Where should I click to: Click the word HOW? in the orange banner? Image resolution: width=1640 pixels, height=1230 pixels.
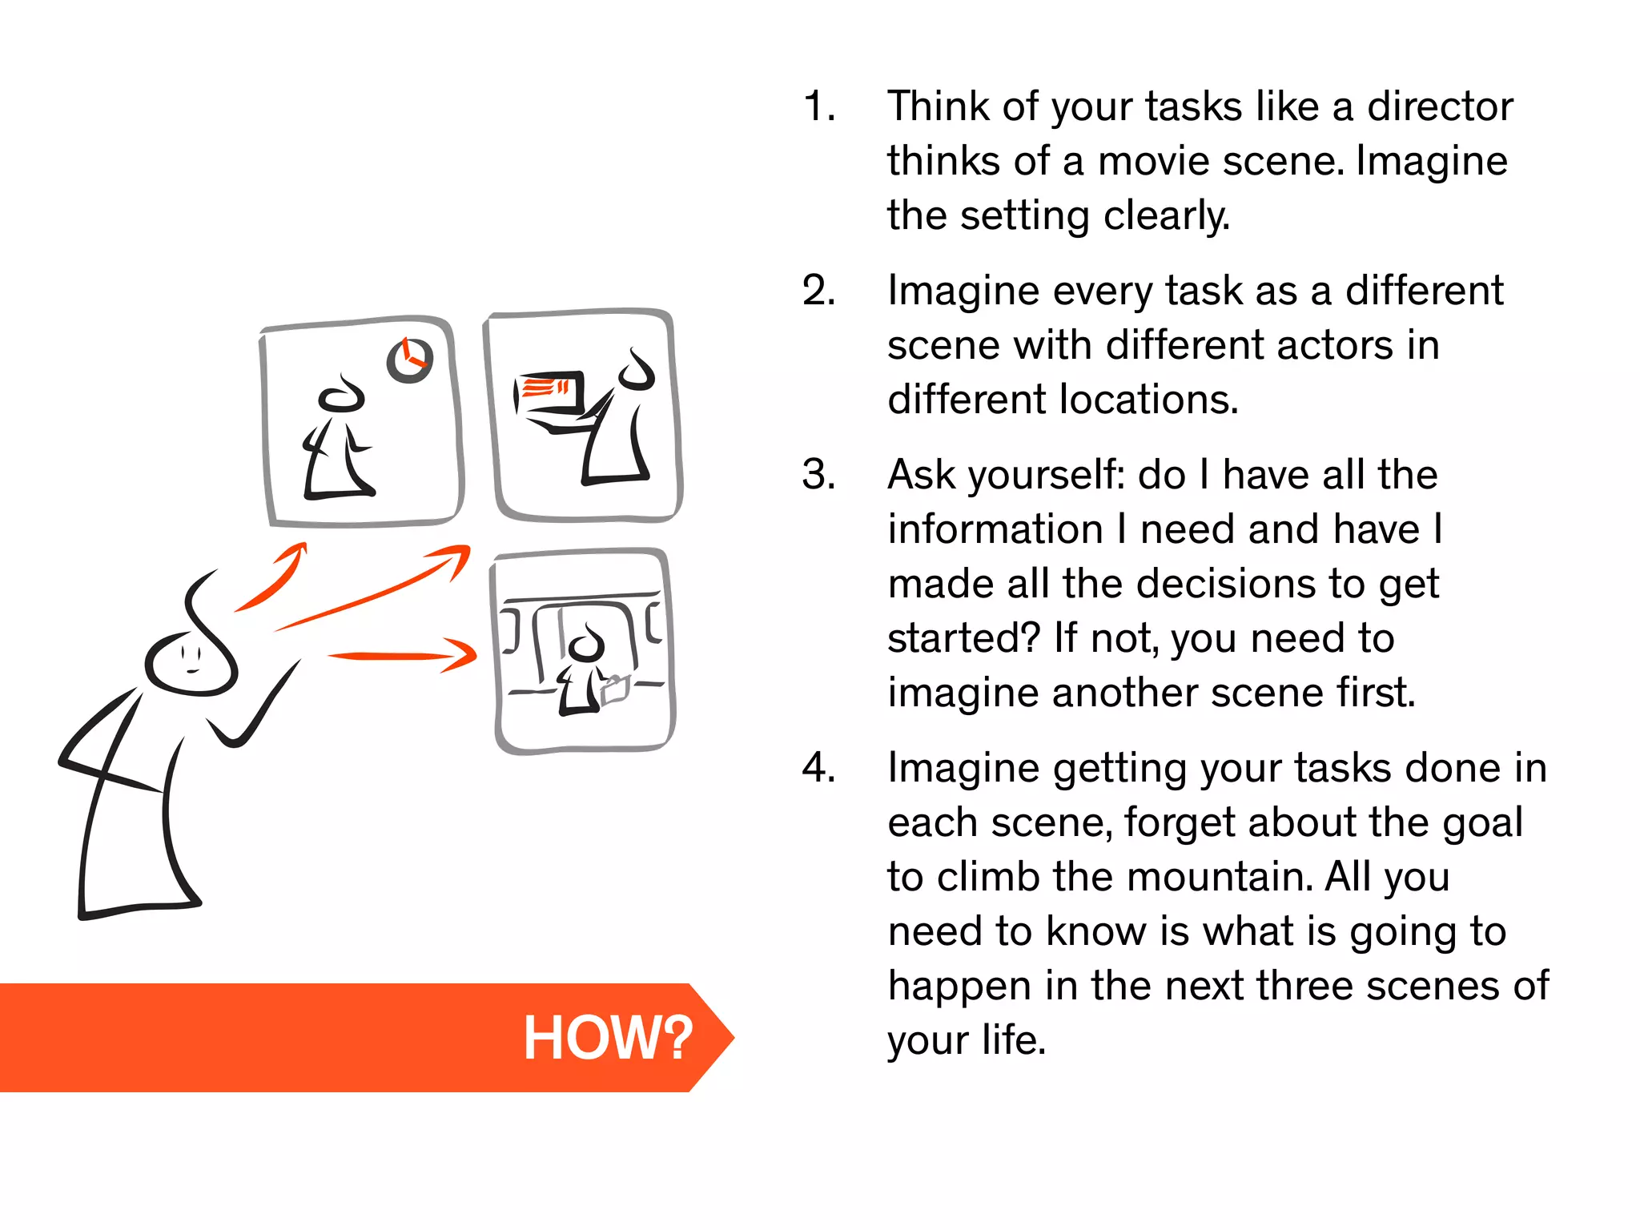click(x=607, y=1038)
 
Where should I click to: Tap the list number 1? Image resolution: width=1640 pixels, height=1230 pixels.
click(x=818, y=107)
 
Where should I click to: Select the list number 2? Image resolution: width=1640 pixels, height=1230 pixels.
click(x=818, y=291)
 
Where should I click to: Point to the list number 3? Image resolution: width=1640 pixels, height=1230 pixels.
click(x=818, y=475)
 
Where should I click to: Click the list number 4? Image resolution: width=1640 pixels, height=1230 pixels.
click(x=818, y=768)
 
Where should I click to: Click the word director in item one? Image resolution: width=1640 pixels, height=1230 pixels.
click(x=1439, y=107)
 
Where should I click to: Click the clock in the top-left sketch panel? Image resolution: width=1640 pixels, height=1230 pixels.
click(x=409, y=360)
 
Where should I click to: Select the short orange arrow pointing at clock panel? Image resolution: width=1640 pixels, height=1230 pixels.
click(x=272, y=578)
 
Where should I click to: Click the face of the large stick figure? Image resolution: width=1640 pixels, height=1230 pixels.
click(x=191, y=663)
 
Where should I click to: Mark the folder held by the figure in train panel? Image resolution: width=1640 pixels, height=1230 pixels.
click(x=614, y=689)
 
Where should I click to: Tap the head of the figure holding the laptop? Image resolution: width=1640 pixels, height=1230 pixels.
click(x=638, y=372)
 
